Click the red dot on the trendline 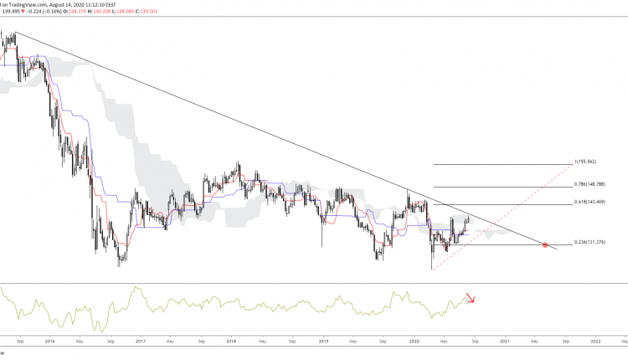click(546, 244)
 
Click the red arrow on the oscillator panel click(471, 299)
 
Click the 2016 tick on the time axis click(49, 342)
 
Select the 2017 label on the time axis click(140, 342)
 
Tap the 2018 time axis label click(231, 342)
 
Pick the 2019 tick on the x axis click(323, 342)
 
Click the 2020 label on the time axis click(414, 342)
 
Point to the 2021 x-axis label click(505, 342)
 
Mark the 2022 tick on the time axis click(595, 342)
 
